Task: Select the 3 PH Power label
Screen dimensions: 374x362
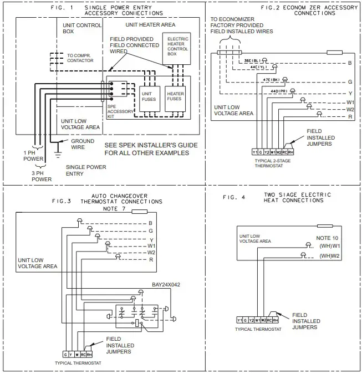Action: pyautogui.click(x=42, y=176)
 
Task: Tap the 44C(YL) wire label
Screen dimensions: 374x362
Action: pyautogui.click(x=258, y=66)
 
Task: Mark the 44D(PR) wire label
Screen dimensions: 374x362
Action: pyautogui.click(x=278, y=91)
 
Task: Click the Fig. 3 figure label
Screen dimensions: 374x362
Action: pyautogui.click(x=62, y=201)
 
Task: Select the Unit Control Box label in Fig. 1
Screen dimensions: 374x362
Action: pyautogui.click(x=85, y=28)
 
